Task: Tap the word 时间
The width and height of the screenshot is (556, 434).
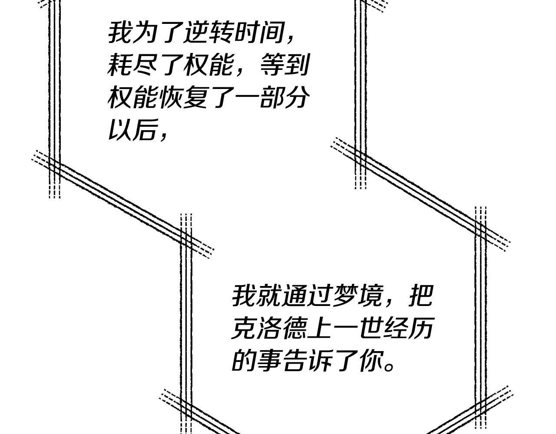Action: (x=259, y=33)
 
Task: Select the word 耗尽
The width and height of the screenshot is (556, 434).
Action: (x=132, y=65)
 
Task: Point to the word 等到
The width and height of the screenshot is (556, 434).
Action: (x=285, y=65)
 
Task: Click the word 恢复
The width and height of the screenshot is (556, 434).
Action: (x=183, y=97)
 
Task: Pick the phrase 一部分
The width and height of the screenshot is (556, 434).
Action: (x=272, y=97)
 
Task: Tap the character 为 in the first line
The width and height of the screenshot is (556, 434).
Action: (x=145, y=33)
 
